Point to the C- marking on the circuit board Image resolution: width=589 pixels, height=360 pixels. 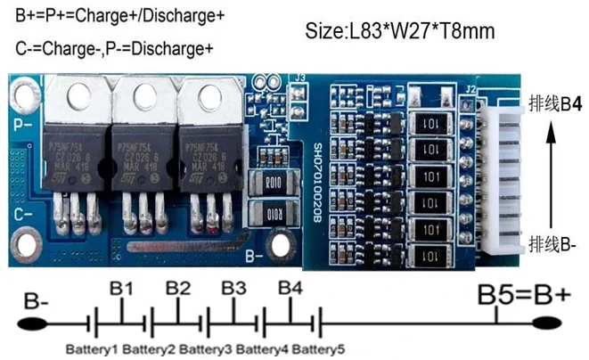click(x=26, y=212)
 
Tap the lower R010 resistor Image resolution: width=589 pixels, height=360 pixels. click(x=272, y=215)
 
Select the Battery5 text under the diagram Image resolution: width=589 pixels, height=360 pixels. click(x=319, y=347)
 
